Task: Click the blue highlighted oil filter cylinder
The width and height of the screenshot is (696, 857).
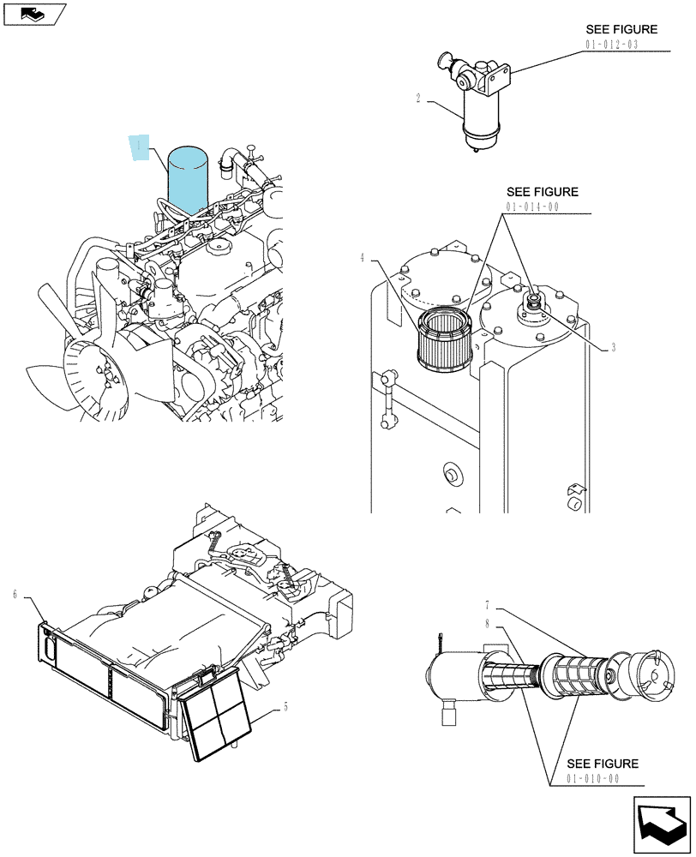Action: [x=188, y=180]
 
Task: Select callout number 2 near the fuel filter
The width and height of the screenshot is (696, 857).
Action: [x=418, y=99]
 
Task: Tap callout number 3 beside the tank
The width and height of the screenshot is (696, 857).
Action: [x=614, y=347]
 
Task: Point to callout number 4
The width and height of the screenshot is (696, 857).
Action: [x=362, y=257]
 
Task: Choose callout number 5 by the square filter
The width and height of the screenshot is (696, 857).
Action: [x=285, y=707]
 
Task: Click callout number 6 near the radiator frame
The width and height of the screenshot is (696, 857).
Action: [x=15, y=594]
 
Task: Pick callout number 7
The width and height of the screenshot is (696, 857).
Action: [x=487, y=606]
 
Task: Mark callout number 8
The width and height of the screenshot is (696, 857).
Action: [x=487, y=624]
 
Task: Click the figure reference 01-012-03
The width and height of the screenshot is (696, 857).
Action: [x=612, y=45]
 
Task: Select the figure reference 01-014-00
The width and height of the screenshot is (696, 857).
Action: [x=532, y=207]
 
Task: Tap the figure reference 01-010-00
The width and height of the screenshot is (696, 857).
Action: [x=592, y=778]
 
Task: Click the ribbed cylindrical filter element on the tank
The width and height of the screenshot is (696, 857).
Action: [x=444, y=340]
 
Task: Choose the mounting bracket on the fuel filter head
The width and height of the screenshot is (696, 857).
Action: [x=496, y=78]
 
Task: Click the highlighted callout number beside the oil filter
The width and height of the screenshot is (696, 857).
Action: [x=140, y=147]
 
